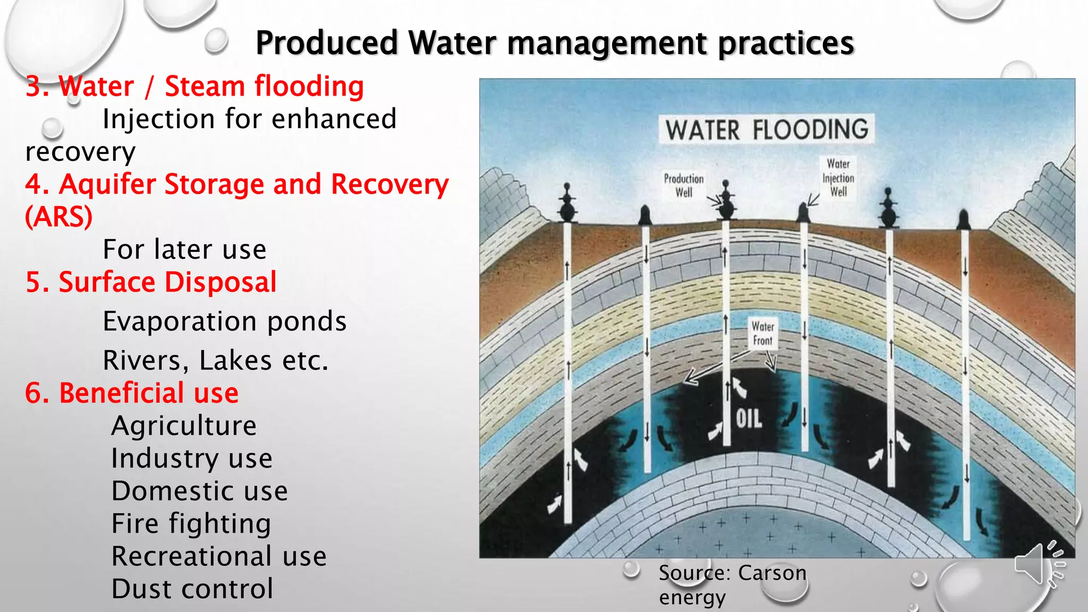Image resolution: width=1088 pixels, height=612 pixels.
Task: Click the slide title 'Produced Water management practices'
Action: (x=555, y=44)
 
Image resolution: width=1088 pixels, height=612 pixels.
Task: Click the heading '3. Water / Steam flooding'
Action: (x=194, y=87)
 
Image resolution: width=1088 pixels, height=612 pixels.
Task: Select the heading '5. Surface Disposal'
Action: (x=151, y=282)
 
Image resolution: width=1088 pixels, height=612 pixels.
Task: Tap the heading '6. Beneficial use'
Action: (x=132, y=393)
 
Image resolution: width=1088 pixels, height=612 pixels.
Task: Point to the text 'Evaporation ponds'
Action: (x=224, y=321)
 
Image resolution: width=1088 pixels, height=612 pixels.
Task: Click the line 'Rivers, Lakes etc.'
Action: (x=216, y=361)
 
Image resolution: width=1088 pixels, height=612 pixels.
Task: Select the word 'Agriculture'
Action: (x=184, y=426)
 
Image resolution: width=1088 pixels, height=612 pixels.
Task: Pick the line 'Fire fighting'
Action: (x=191, y=524)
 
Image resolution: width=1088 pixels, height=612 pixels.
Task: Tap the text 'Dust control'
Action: (x=192, y=589)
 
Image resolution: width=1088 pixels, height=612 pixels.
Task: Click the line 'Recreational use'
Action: (x=219, y=557)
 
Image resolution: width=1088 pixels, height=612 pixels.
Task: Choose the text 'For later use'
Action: (x=184, y=250)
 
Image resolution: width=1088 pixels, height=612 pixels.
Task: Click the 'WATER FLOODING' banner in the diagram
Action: (x=766, y=130)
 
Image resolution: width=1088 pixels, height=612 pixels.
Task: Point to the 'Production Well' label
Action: (x=684, y=185)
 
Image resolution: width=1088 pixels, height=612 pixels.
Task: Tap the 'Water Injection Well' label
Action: (x=838, y=177)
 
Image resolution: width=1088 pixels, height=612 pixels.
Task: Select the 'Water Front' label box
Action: (x=763, y=334)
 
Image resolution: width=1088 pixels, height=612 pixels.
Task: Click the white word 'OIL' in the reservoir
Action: (x=749, y=419)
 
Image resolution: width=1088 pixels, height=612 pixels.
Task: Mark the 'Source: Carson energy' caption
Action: (x=732, y=584)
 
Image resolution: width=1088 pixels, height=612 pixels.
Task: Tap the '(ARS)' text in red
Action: (x=59, y=217)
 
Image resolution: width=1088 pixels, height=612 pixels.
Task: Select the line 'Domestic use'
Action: (x=199, y=491)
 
